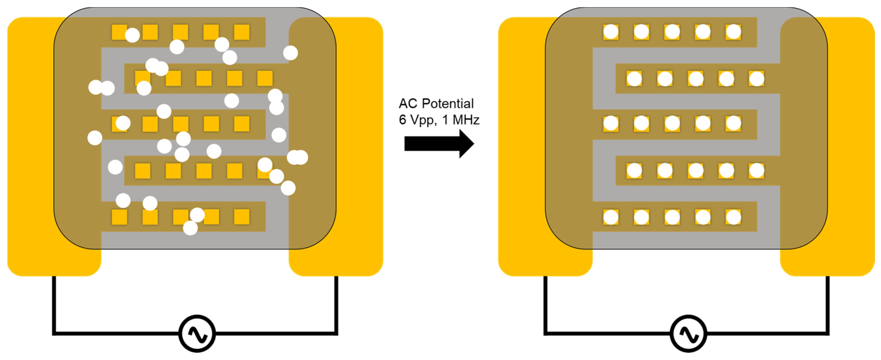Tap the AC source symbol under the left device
pos(197,334)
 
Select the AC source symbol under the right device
pos(688,334)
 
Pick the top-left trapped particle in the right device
pos(610,32)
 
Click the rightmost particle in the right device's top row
pos(733,32)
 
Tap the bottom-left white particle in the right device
pos(610,217)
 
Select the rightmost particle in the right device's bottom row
pos(733,217)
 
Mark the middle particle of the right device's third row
pos(672,124)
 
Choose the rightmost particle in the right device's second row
pos(756,79)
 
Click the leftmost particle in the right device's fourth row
pos(634,170)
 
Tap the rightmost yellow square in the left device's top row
pos(242,32)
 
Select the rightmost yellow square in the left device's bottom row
pos(242,217)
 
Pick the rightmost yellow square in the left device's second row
pos(265,78)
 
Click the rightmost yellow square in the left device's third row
pos(242,124)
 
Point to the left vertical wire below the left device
pos(54,304)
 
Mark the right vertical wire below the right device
pos(828,304)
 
